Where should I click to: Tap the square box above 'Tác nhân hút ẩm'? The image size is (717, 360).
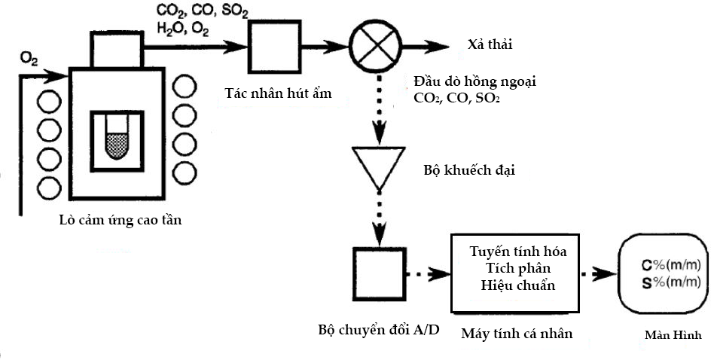pos(274,47)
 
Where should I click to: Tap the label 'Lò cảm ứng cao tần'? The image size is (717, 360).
pos(120,221)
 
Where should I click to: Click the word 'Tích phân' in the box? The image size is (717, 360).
pos(517,268)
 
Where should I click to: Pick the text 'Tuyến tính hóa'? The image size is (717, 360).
pos(517,252)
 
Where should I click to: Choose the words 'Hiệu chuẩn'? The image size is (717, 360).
pos(517,285)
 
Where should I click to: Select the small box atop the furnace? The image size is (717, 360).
pos(117,49)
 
